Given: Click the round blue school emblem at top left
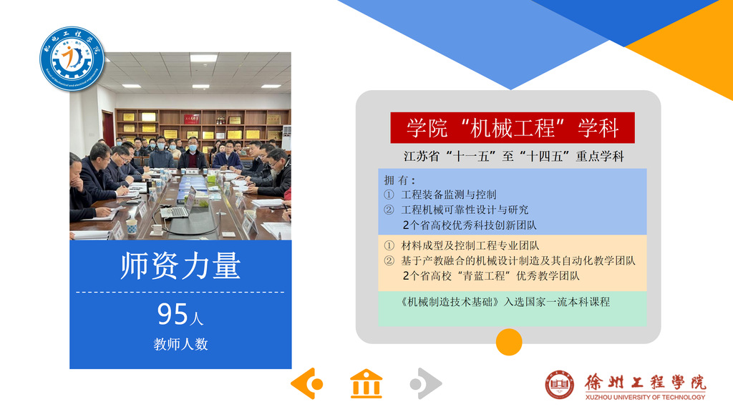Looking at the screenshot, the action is pos(72,59).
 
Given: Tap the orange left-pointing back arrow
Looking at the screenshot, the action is pos(307,383).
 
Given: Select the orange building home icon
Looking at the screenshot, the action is pos(366,384).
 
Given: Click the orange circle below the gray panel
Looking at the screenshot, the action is pos(509,342).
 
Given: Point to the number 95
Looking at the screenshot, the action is pos(173,314).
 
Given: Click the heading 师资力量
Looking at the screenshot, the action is pos(180,265).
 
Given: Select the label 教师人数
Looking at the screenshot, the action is pos(180,344).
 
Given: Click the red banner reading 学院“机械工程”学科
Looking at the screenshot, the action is pos(513,127).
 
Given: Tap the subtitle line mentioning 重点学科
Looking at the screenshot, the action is pos(514,156).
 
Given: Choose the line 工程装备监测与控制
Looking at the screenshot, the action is pos(448,195).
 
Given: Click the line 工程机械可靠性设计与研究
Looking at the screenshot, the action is pos(465,210).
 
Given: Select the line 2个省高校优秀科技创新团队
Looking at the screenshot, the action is pos(470,225).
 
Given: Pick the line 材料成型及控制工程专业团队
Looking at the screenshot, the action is pos(470,245).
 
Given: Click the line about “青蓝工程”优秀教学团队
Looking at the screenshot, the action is pos(491,276).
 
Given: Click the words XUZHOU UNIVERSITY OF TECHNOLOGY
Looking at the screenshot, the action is pos(645,397).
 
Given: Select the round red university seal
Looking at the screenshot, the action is pos(560,384).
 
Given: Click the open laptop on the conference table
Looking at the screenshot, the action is pos(179,205).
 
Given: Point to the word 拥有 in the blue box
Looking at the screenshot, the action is pos(397,180).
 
